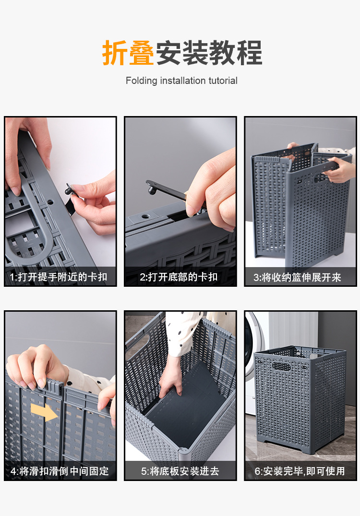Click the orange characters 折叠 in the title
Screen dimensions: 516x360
pos(128,53)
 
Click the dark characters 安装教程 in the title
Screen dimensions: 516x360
pos(209,53)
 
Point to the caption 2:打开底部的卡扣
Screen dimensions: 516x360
pos(179,277)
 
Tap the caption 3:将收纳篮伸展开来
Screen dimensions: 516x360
pos(297,278)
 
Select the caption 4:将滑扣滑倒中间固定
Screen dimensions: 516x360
pos(60,471)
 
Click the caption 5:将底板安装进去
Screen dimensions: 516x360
pos(180,471)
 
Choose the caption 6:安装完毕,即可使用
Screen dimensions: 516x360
pos(300,471)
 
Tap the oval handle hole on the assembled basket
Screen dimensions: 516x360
pos(282,367)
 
